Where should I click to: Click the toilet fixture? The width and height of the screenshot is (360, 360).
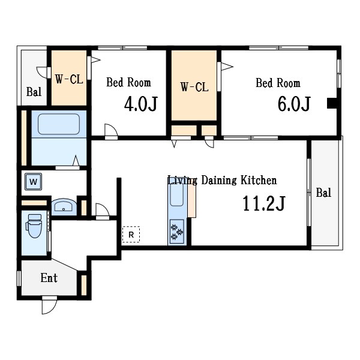[x=34, y=226]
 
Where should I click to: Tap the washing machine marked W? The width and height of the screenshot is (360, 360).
[x=33, y=182]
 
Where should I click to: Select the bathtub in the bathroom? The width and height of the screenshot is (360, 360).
[x=59, y=124]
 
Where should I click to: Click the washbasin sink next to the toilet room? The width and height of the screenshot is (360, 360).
[x=64, y=206]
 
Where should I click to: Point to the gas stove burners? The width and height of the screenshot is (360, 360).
[x=177, y=232]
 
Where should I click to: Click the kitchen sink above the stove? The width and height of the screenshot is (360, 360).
[x=177, y=194]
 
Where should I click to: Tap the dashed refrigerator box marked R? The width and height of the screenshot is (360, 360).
[x=131, y=235]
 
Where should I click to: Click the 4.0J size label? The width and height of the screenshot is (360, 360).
[x=141, y=104]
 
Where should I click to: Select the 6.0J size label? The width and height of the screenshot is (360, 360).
[x=294, y=104]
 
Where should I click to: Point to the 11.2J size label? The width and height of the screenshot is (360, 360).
[x=264, y=203]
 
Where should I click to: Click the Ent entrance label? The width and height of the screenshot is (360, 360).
[x=49, y=278]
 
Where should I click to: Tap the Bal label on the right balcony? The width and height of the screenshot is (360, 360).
[x=323, y=193]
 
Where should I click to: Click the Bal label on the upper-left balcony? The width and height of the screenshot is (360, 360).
[x=34, y=92]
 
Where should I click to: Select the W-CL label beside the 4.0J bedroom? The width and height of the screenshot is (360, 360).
[x=69, y=79]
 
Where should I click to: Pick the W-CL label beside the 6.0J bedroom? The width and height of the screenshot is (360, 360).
[x=194, y=87]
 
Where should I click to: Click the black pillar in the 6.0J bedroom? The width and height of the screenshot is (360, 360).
[x=332, y=103]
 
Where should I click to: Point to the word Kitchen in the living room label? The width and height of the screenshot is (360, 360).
[x=259, y=180]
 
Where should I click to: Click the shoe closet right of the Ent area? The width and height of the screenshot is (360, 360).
[x=84, y=285]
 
